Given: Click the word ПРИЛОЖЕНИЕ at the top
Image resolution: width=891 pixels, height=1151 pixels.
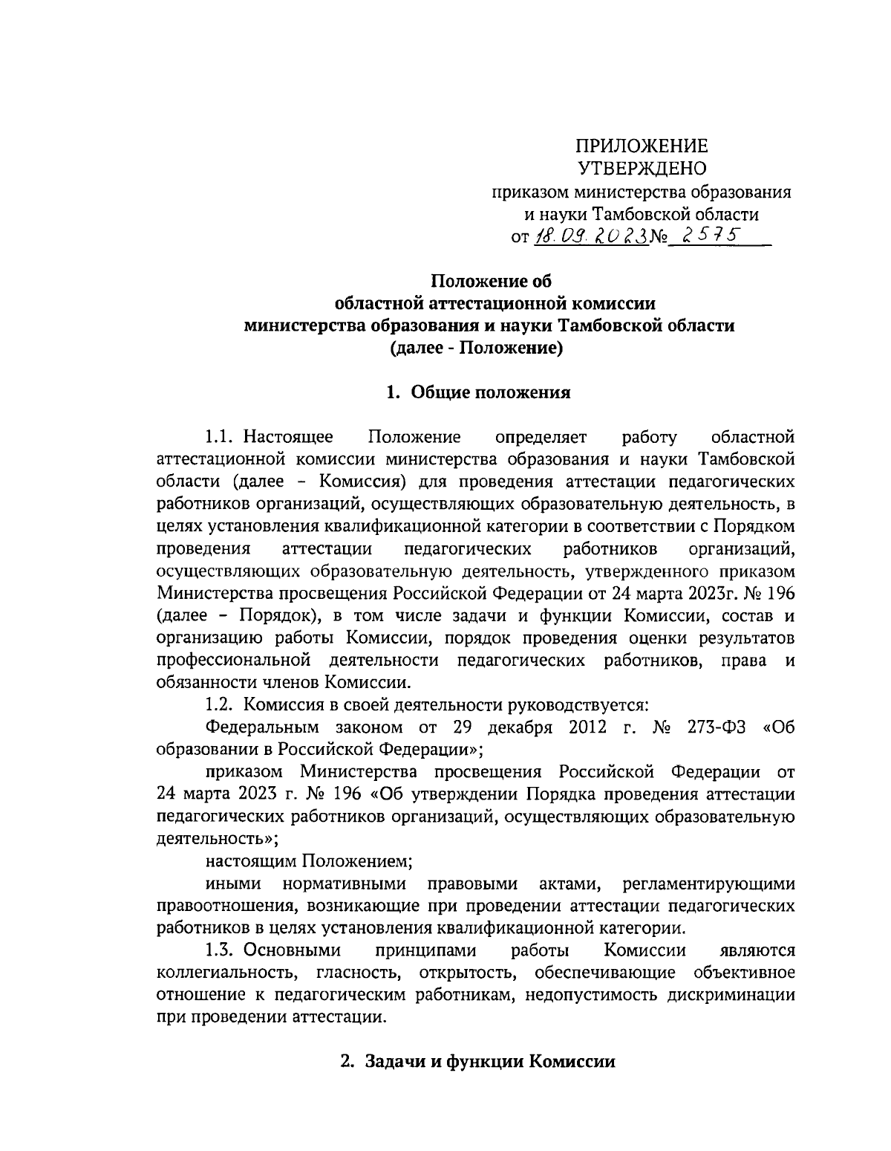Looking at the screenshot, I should [643, 145].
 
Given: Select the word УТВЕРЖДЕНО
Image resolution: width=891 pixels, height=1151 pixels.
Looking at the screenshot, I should [643, 169].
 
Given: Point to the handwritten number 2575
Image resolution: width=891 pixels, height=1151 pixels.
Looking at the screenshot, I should [706, 236].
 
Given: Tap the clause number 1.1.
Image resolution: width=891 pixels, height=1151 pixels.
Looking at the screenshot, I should [221, 436].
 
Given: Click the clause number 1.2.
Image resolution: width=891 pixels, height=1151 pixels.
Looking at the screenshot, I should [221, 704].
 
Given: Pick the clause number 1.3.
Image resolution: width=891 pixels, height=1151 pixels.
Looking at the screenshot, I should [221, 950].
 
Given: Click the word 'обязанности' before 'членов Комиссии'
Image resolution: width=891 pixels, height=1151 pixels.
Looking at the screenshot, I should [205, 682].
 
